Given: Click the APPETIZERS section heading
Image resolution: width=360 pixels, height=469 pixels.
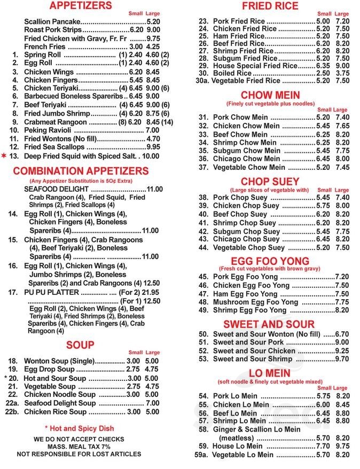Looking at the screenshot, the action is (x=80, y=6).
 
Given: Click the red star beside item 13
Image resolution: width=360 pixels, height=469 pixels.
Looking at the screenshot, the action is (x=4, y=155).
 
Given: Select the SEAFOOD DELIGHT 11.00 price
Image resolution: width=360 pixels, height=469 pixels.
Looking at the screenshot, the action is (x=154, y=189).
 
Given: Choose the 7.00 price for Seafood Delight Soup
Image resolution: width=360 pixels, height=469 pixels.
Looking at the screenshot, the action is (x=152, y=403).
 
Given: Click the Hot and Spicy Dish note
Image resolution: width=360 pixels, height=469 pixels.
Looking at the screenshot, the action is (x=79, y=428).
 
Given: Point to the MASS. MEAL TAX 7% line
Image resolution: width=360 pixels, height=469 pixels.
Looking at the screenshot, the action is (x=79, y=446).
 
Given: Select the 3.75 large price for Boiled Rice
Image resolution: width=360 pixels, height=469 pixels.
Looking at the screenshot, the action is (x=342, y=73).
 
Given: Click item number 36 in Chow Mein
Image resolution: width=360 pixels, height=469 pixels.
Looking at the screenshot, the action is (x=203, y=159).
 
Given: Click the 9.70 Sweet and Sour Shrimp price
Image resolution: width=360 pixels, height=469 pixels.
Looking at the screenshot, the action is (x=342, y=359).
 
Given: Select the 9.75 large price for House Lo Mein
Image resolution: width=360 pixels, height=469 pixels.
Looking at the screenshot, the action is (x=342, y=446).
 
